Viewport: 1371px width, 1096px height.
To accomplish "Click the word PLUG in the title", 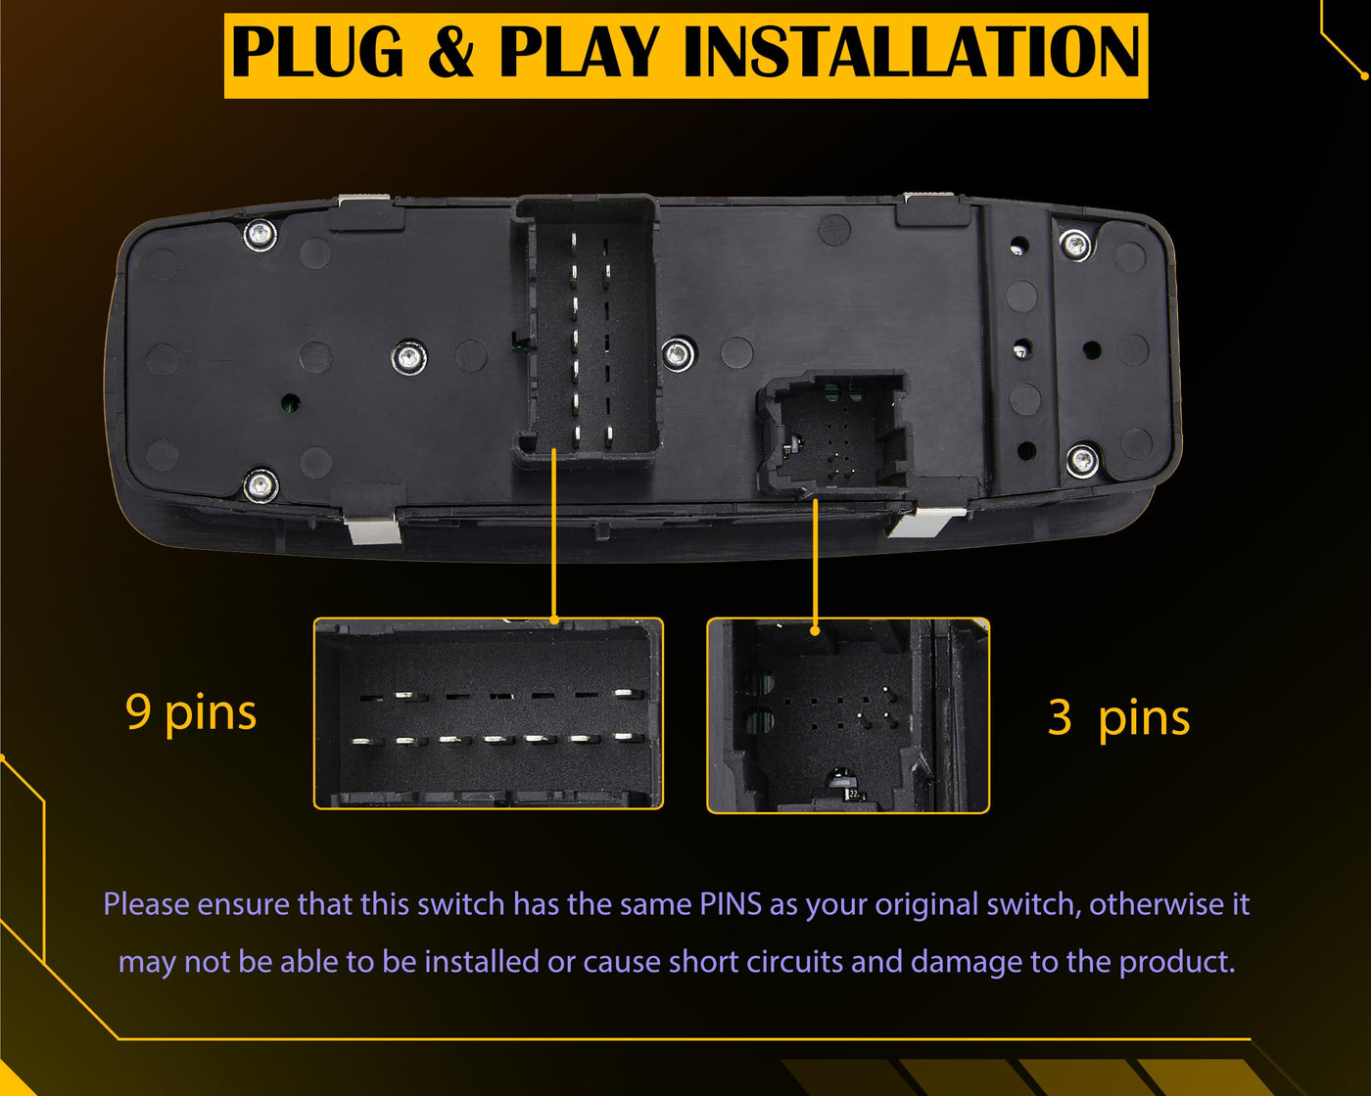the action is (x=317, y=52).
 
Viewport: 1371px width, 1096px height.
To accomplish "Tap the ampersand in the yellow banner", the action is (x=451, y=52).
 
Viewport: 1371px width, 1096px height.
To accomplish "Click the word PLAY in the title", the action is (x=578, y=52).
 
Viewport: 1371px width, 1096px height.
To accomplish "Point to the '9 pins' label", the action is (x=191, y=713).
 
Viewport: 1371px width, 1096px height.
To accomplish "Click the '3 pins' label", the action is (x=1118, y=718).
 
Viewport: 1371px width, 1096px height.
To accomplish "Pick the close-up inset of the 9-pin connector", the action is (x=489, y=713).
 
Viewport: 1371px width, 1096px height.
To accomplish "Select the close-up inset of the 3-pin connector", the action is (x=848, y=715).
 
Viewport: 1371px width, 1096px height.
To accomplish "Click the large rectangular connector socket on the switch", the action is (x=587, y=331).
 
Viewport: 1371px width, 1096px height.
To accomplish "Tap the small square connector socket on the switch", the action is (x=834, y=434).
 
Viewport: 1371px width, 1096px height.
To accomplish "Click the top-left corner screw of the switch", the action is (x=260, y=234).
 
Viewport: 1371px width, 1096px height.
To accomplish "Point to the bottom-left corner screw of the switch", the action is (x=261, y=486).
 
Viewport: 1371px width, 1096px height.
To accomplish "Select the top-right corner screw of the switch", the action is (x=1075, y=245).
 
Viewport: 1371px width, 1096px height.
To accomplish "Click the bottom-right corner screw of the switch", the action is (x=1082, y=460).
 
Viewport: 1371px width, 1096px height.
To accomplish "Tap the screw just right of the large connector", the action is (x=679, y=353).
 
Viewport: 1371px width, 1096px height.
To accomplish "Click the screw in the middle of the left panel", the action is (x=409, y=356).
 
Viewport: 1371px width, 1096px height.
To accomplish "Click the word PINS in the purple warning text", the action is (x=731, y=904).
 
